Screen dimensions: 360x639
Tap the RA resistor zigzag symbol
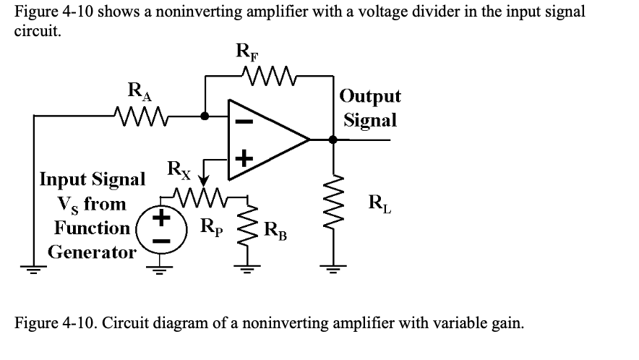click(139, 114)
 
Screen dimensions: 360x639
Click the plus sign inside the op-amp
click(242, 157)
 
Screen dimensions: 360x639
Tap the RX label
click(180, 171)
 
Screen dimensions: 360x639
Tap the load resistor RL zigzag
click(333, 210)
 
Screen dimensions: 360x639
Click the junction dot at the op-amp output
click(333, 139)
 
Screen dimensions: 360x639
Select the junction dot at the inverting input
click(205, 115)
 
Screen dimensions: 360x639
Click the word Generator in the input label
click(92, 253)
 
